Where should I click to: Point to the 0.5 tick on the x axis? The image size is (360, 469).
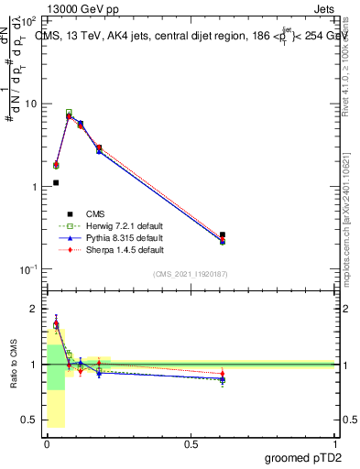(191, 442)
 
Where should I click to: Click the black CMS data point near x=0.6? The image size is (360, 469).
(223, 235)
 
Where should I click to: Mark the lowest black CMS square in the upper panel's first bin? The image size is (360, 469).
(56, 182)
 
